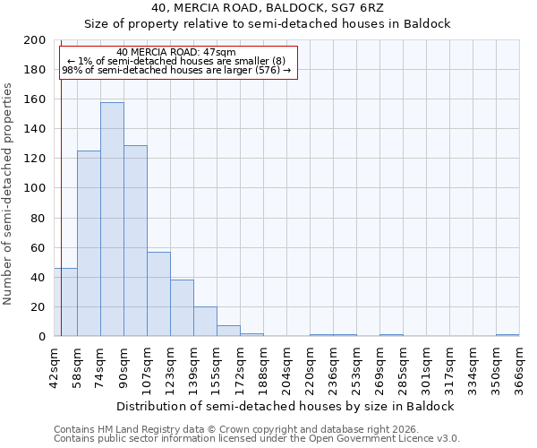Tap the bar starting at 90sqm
coord(135,241)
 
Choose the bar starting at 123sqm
coord(182,308)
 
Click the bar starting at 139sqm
coord(205,322)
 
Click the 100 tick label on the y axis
coord(36,188)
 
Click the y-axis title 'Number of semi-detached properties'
coord(8,194)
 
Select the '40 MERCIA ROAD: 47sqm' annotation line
coord(176,52)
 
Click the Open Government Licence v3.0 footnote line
coord(257,438)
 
